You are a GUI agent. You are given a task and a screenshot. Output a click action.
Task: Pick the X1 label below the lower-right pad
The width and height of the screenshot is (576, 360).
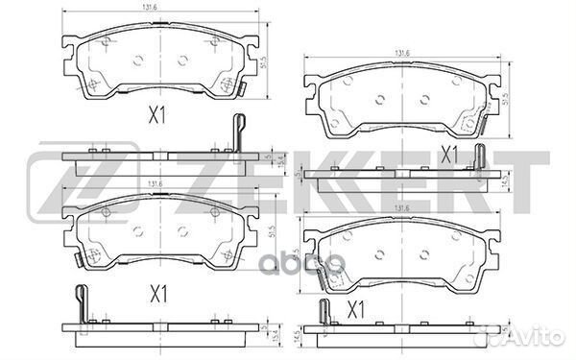355,310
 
